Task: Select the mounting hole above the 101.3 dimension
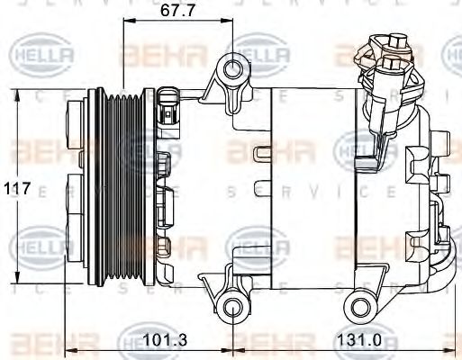[x=233, y=310]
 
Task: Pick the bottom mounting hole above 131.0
[x=365, y=307]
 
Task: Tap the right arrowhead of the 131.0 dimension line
[x=456, y=351]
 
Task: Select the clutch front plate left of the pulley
[x=77, y=187]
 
